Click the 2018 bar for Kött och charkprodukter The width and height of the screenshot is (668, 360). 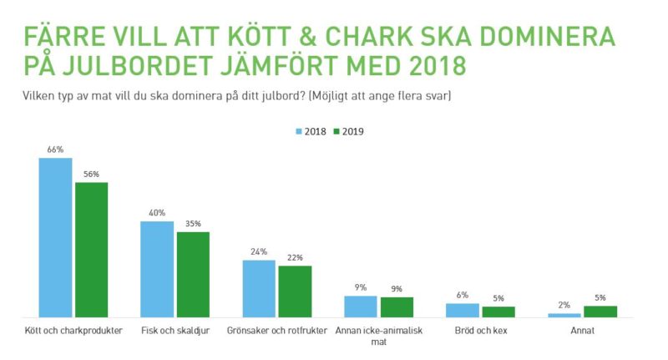point(56,237)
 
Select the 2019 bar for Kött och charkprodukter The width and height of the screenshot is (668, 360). point(92,250)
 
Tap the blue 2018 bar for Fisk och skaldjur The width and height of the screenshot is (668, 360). point(157,269)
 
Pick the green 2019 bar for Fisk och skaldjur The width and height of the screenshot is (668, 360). point(193,274)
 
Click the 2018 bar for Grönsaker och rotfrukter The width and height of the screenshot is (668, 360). point(259,288)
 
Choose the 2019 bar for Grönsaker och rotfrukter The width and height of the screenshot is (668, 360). point(295,291)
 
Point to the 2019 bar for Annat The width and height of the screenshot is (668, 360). point(600,312)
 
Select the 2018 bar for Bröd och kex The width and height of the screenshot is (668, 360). point(463,310)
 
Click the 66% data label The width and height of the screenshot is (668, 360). point(56,150)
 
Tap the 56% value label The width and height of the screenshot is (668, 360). point(91,175)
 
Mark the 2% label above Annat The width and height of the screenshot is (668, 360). point(564,306)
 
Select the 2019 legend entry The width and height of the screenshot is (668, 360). point(349,131)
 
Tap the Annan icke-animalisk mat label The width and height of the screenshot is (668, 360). point(378,336)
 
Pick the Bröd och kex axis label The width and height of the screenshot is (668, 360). point(480,331)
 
